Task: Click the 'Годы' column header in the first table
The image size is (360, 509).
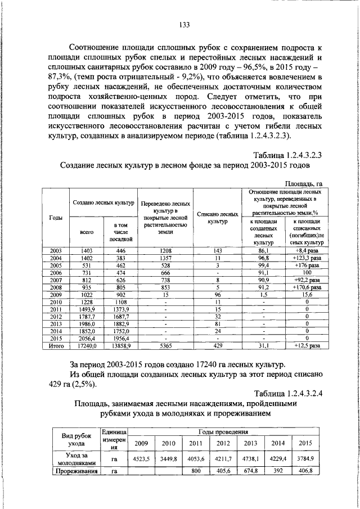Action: tap(56, 217)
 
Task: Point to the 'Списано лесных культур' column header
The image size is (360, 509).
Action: tap(217, 218)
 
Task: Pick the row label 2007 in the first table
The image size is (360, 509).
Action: tap(56, 280)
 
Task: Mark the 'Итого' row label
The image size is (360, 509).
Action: tap(56, 346)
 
